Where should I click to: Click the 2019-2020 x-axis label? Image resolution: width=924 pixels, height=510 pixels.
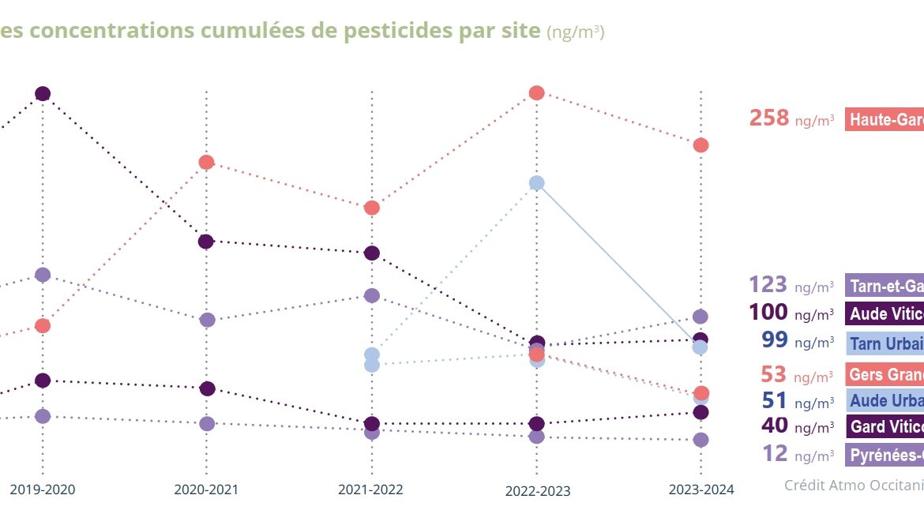coord(43,489)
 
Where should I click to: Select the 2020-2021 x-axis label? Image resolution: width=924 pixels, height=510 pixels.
coord(206,489)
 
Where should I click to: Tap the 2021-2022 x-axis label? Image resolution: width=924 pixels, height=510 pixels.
coord(370,489)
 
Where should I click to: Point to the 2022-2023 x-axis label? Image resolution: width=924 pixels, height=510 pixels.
coord(537,490)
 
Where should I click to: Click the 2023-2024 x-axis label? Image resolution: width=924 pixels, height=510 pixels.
coord(701,489)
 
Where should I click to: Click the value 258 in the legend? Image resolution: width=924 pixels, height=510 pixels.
coord(769,118)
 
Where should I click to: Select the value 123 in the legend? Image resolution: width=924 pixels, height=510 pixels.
coord(768,285)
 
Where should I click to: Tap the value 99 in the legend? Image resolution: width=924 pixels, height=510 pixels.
coord(775,340)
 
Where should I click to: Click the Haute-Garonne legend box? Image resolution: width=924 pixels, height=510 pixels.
coord(885,119)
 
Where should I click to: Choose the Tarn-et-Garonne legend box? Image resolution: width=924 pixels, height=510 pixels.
coord(885,286)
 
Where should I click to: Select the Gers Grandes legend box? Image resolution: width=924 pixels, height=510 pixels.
coord(885,374)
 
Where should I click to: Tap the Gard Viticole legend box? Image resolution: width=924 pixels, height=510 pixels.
coord(885,426)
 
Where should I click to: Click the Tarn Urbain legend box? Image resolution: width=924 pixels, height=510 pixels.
coord(885,343)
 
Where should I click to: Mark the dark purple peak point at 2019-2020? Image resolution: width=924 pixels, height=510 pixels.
coord(43,94)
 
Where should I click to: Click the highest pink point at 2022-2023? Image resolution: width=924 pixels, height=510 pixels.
coord(536,93)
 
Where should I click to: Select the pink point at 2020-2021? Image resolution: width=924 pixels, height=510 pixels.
coord(206,163)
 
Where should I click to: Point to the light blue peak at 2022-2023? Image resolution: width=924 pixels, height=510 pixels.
coord(536,183)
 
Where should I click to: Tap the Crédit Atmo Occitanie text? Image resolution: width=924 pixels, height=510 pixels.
coord(853,485)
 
